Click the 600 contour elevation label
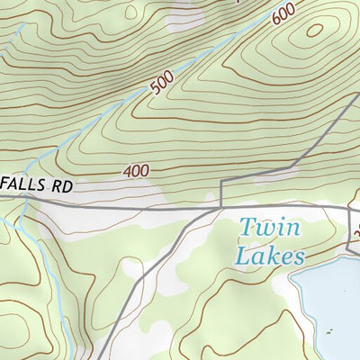pyautogui.click(x=282, y=13)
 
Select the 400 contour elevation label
pyautogui.click(x=137, y=170)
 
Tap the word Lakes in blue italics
pyautogui.click(x=269, y=256)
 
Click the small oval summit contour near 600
pyautogui.click(x=314, y=30)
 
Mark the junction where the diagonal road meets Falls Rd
pyautogui.click(x=219, y=207)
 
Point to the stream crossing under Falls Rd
pyautogui.click(x=27, y=203)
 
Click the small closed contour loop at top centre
pyautogui.click(x=133, y=13)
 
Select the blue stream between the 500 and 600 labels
pyautogui.click(x=216, y=49)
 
